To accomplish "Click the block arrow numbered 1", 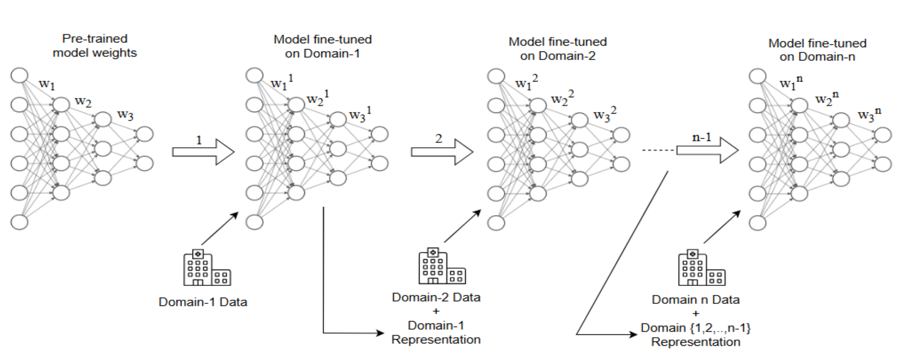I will pyautogui.click(x=203, y=152).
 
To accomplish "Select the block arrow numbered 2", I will pyautogui.click(x=442, y=152).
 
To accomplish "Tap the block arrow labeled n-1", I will pyautogui.click(x=707, y=150).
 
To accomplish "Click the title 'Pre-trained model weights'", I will pyautogui.click(x=95, y=46).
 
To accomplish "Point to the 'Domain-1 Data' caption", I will pyautogui.click(x=203, y=302).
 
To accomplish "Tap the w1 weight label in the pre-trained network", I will pyautogui.click(x=46, y=84).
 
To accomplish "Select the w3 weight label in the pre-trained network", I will pyautogui.click(x=125, y=115).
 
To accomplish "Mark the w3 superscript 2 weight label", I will pyautogui.click(x=604, y=114).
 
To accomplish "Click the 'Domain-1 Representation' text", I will pyautogui.click(x=436, y=332).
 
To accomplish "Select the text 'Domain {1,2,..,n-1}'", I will pyautogui.click(x=695, y=328).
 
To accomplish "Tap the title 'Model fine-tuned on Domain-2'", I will pyautogui.click(x=557, y=49).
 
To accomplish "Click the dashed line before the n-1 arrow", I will pyautogui.click(x=658, y=150).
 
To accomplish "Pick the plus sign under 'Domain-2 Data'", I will pyautogui.click(x=436, y=312).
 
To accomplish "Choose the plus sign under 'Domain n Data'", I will pyautogui.click(x=695, y=314).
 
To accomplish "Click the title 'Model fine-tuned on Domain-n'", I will pyautogui.click(x=817, y=50).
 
